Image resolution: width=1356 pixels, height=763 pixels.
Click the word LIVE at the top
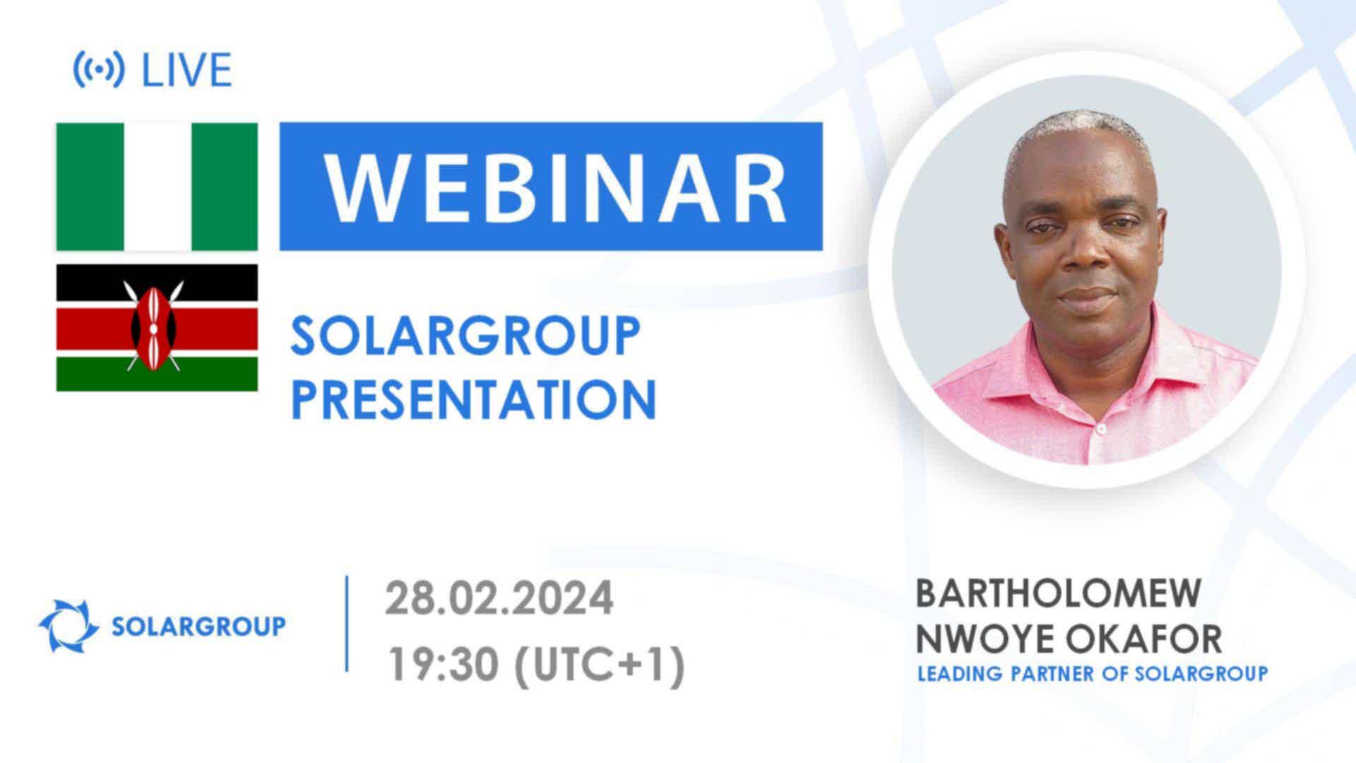click(187, 69)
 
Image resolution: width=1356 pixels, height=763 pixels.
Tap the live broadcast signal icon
click(99, 69)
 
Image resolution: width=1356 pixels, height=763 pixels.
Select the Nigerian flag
click(157, 187)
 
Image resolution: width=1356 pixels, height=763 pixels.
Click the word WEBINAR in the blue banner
click(554, 187)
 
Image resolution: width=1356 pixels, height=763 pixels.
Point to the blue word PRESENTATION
click(474, 399)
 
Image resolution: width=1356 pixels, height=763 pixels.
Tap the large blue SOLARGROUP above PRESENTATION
click(465, 336)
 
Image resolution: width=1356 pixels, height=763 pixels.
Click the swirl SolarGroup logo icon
click(69, 626)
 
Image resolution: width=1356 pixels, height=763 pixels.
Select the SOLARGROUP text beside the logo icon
click(199, 626)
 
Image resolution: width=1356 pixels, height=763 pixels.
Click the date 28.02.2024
click(499, 598)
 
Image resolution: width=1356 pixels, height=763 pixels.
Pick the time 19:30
click(446, 665)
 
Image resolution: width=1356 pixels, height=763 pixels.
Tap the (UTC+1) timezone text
click(600, 666)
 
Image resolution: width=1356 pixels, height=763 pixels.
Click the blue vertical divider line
click(347, 623)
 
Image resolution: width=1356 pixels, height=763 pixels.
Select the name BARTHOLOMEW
click(1058, 593)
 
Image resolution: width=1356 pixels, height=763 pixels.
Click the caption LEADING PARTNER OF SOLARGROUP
click(1093, 673)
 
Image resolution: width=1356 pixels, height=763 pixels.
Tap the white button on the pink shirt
click(1100, 429)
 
